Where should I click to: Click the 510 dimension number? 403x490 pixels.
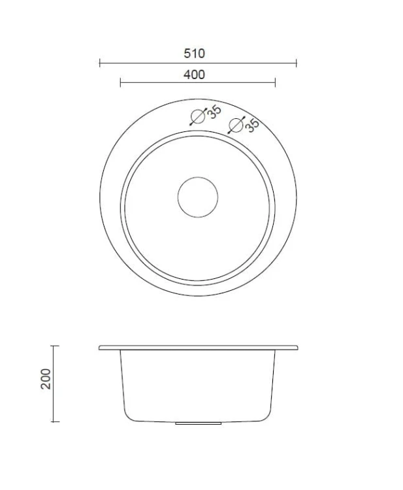[x=194, y=54]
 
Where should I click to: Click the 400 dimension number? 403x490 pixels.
[x=194, y=74]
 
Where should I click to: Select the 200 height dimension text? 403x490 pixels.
[x=46, y=379]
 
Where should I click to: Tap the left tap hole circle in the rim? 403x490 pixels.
[x=198, y=116]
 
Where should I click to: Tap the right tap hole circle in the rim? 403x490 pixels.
[x=236, y=125]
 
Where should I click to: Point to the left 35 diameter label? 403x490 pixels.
[x=214, y=112]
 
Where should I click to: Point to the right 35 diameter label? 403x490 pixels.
[x=252, y=125]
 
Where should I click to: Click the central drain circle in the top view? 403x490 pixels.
[x=198, y=197]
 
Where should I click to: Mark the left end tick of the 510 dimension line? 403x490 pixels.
[x=100, y=63]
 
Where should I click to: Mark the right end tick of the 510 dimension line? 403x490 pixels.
[x=296, y=63]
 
